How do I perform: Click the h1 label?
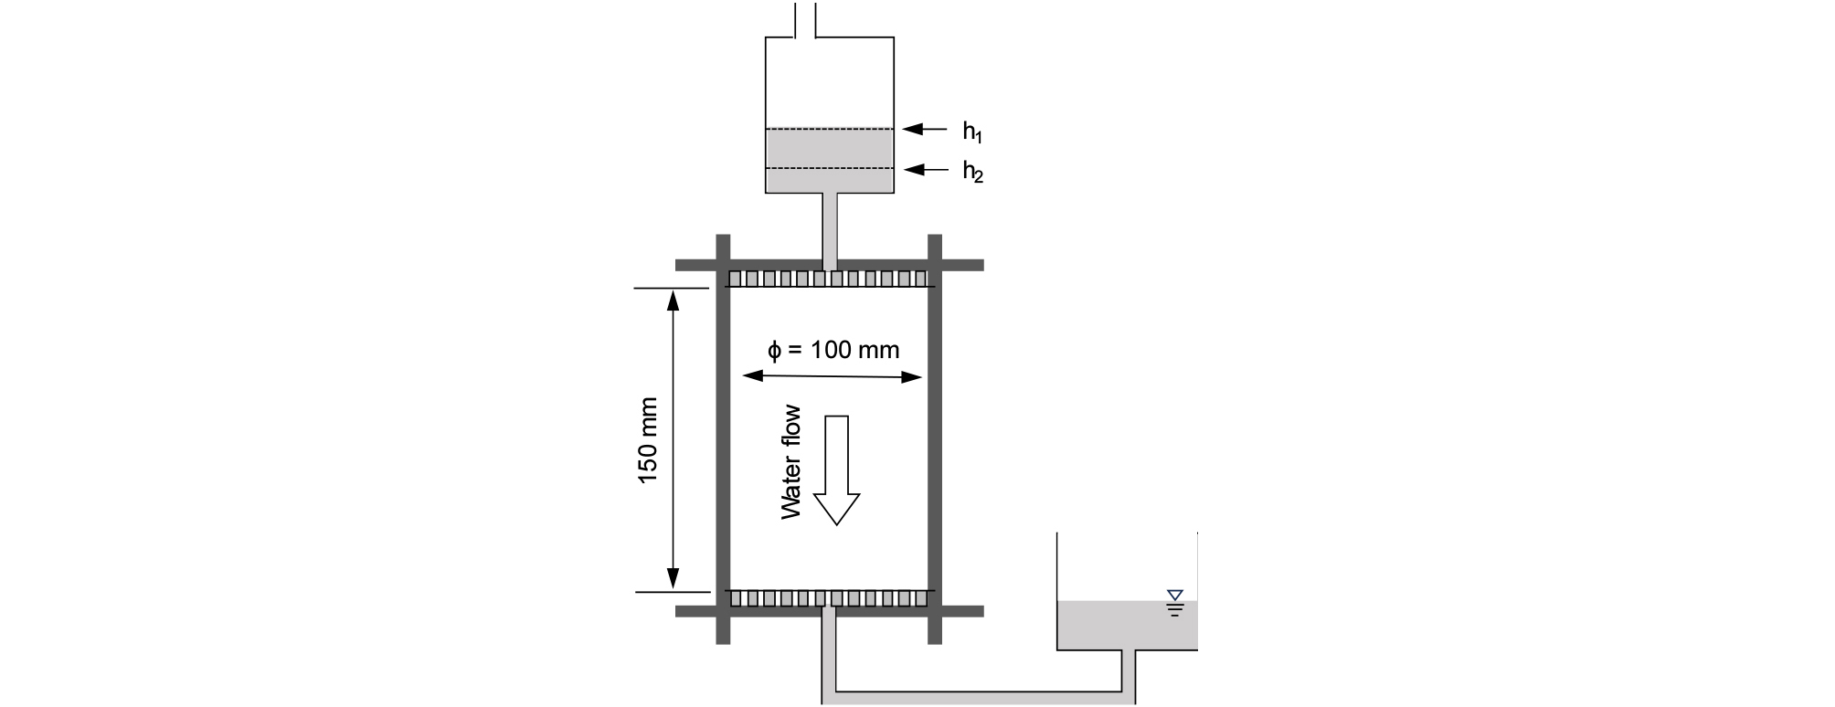click(972, 132)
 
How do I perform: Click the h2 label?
click(972, 171)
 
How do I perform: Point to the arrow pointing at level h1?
click(925, 130)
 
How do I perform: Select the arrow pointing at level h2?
click(925, 169)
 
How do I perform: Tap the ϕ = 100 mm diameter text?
click(833, 350)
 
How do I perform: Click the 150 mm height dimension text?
click(647, 440)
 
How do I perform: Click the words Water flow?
click(790, 462)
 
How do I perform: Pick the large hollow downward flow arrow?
click(837, 470)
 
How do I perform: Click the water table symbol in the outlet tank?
click(1175, 603)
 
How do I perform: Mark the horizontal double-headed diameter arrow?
click(833, 375)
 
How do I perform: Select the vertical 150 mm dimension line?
click(674, 440)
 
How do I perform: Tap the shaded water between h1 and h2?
click(829, 149)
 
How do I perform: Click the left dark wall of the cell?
click(722, 439)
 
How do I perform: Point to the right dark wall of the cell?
click(935, 439)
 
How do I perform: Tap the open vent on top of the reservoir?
click(804, 19)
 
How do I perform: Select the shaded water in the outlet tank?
click(1127, 626)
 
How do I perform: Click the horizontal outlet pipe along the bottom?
click(979, 698)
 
